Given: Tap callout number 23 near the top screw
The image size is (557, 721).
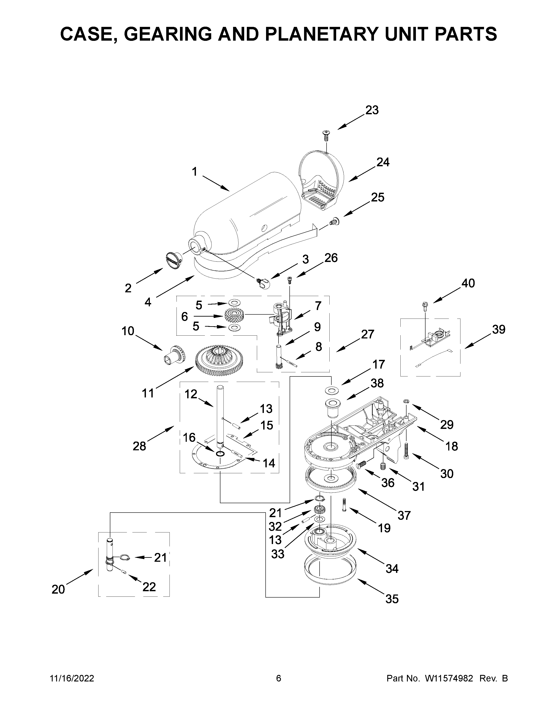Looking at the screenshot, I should coord(372,110).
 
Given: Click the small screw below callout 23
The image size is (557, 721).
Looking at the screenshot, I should coord(326,135).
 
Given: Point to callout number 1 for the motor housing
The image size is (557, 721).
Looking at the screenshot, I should coord(194,172).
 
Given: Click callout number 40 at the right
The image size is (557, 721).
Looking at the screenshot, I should coord(468,283).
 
